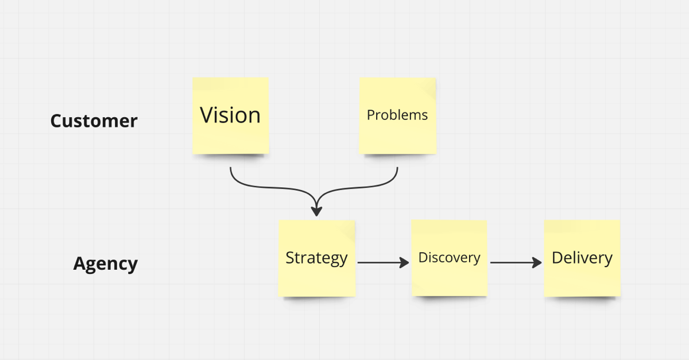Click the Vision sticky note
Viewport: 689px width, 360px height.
tap(231, 115)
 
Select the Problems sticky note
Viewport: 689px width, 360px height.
tap(398, 115)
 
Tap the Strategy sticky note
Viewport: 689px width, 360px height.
tap(317, 258)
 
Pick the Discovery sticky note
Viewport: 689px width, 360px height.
tap(450, 258)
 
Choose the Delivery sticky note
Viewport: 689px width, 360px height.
tap(582, 258)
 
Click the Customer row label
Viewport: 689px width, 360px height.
tap(94, 121)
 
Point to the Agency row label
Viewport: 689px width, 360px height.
tap(106, 264)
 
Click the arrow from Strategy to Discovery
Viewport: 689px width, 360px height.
tap(384, 262)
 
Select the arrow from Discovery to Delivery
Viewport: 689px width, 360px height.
tap(516, 262)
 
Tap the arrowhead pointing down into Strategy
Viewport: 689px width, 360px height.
tap(316, 211)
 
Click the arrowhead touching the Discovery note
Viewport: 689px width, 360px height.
tap(404, 262)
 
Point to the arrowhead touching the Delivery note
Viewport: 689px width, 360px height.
tap(537, 262)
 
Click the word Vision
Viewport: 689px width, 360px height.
tap(230, 115)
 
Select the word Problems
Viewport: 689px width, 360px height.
tap(397, 115)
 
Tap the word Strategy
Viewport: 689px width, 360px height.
tap(316, 258)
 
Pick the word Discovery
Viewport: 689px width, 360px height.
tap(449, 258)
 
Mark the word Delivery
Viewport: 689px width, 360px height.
tap(582, 258)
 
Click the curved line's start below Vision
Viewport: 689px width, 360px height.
tap(230, 168)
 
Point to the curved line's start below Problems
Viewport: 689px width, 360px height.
tap(397, 168)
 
